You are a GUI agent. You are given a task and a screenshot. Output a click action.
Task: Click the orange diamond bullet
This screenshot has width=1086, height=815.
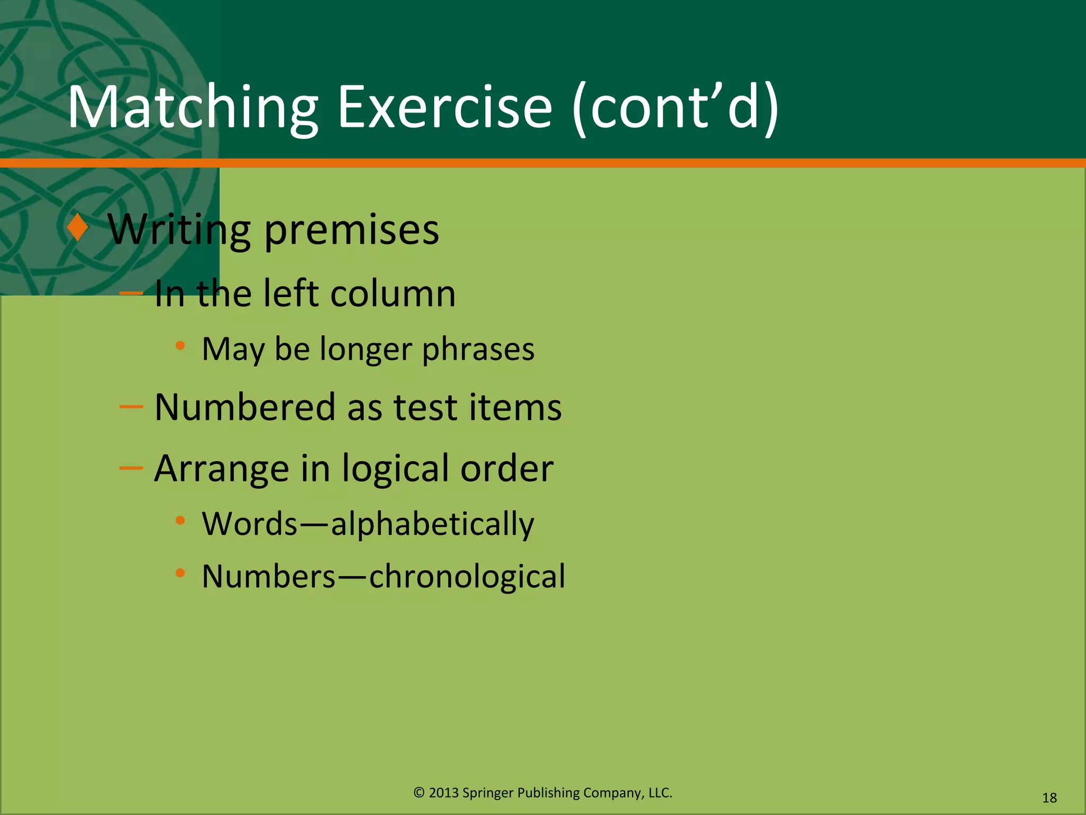coord(78,228)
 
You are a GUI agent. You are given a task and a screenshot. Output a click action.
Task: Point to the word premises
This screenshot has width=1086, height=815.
coord(352,231)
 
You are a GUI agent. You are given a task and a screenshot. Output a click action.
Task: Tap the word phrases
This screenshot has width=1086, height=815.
coord(478,350)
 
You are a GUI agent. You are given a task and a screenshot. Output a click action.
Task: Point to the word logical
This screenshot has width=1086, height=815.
coord(395,469)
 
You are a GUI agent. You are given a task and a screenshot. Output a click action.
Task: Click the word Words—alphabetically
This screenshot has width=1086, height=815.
coord(368,525)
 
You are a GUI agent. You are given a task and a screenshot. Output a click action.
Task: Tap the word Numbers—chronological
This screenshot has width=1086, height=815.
coord(383,577)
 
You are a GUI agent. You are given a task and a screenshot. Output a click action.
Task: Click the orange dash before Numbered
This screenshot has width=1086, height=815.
coord(131,407)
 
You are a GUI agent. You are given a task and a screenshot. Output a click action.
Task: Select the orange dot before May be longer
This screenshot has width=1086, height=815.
coord(180,346)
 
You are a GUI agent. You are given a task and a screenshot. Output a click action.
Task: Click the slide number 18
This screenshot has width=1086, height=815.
coord(1049,798)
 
